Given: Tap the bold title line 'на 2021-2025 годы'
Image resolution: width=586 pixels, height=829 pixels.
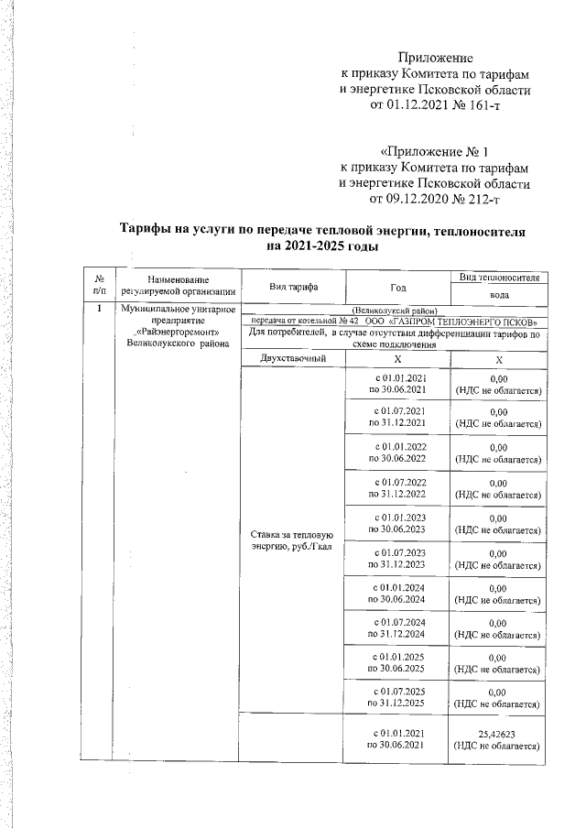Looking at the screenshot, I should [320, 246].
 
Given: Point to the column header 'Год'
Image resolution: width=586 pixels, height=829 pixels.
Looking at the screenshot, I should [397, 287].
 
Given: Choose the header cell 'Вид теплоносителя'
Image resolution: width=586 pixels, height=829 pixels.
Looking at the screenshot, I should [499, 277].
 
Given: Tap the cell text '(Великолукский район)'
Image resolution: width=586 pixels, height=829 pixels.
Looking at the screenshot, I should [396, 311].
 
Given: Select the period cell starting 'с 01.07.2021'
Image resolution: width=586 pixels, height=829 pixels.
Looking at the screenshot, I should [397, 417].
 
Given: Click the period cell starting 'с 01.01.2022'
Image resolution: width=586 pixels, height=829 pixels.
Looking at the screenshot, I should [397, 453].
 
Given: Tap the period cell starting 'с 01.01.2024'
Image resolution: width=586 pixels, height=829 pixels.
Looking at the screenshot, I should [397, 594].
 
